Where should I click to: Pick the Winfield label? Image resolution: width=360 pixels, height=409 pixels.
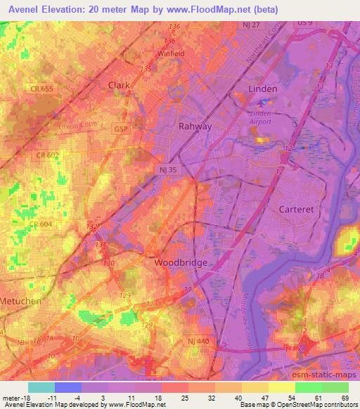(x=171, y=53)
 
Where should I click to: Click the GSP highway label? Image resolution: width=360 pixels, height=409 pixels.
(x=121, y=129)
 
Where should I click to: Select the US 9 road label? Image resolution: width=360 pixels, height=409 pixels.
(x=303, y=23)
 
